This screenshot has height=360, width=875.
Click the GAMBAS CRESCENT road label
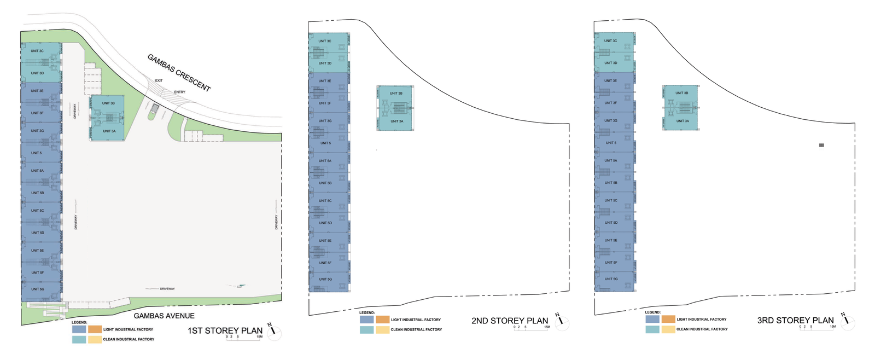pos(179,73)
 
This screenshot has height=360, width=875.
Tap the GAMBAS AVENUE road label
pos(164,316)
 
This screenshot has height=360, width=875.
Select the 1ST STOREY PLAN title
pos(225,330)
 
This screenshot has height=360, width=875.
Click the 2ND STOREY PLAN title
pos(510,321)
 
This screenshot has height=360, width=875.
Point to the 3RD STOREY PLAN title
pos(795,320)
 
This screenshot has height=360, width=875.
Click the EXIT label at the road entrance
pos(159,80)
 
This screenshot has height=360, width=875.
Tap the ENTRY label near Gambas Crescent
pos(179,92)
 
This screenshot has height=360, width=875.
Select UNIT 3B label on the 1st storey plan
pos(108,103)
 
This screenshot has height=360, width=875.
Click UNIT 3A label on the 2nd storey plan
pos(396,121)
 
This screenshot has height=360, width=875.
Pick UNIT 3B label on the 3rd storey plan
pos(682,93)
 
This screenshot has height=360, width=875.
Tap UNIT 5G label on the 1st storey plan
pos(38,289)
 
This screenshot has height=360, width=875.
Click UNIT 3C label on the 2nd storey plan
pos(325,41)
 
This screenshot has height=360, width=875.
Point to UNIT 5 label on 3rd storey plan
pos(611,143)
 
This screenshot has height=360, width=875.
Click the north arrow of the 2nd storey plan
pos(561,322)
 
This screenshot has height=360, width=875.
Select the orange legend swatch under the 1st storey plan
pos(95,329)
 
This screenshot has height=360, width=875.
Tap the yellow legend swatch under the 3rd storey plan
pos(668,329)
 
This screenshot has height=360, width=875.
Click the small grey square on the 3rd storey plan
pos(821,145)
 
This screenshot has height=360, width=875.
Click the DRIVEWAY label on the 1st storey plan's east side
pos(276,222)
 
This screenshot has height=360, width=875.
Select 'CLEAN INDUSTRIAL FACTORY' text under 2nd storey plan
pos(416,329)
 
